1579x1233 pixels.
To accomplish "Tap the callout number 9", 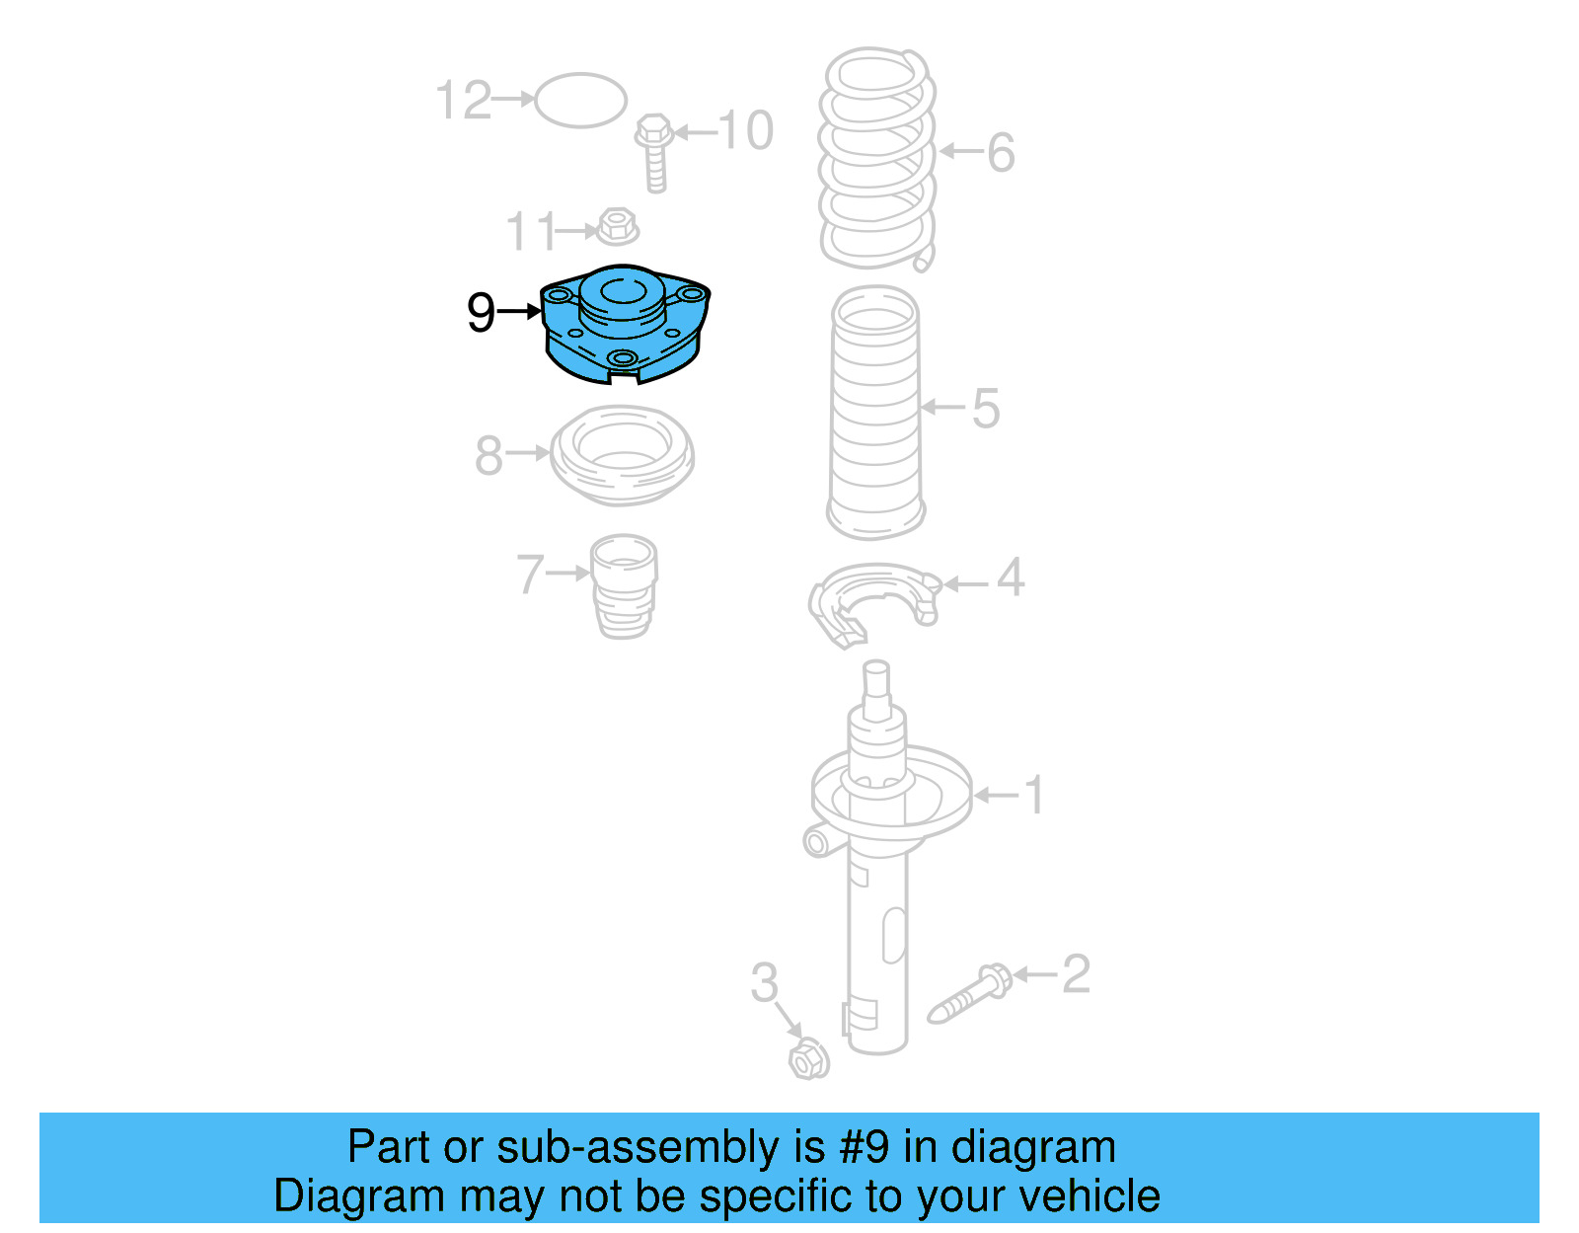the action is pos(481,313).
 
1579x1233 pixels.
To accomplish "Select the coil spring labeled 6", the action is pos(876,159).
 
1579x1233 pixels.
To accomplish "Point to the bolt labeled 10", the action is pos(654,153).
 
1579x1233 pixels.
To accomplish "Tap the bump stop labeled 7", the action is pos(624,586).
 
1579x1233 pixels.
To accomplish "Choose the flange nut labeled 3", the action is pos(809,1058).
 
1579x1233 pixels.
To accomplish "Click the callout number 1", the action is pos(1033,795).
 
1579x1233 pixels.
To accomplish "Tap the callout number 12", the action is pos(464,100).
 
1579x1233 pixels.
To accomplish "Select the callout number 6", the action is pos(1002,153).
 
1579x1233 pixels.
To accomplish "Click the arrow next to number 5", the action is pos(943,407).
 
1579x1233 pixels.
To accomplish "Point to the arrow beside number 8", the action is pos(528,453).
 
